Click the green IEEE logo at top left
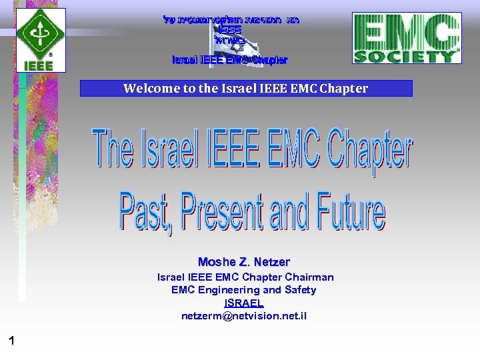point(41,39)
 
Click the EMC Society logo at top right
point(407,39)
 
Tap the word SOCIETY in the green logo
point(406,56)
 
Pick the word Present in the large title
point(223,212)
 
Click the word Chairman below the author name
point(309,277)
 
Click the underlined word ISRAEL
point(244,303)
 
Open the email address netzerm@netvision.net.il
point(244,315)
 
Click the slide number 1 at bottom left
point(11,341)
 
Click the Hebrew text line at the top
point(230,19)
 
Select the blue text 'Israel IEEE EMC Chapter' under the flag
point(229,60)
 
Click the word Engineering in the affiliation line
point(224,290)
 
